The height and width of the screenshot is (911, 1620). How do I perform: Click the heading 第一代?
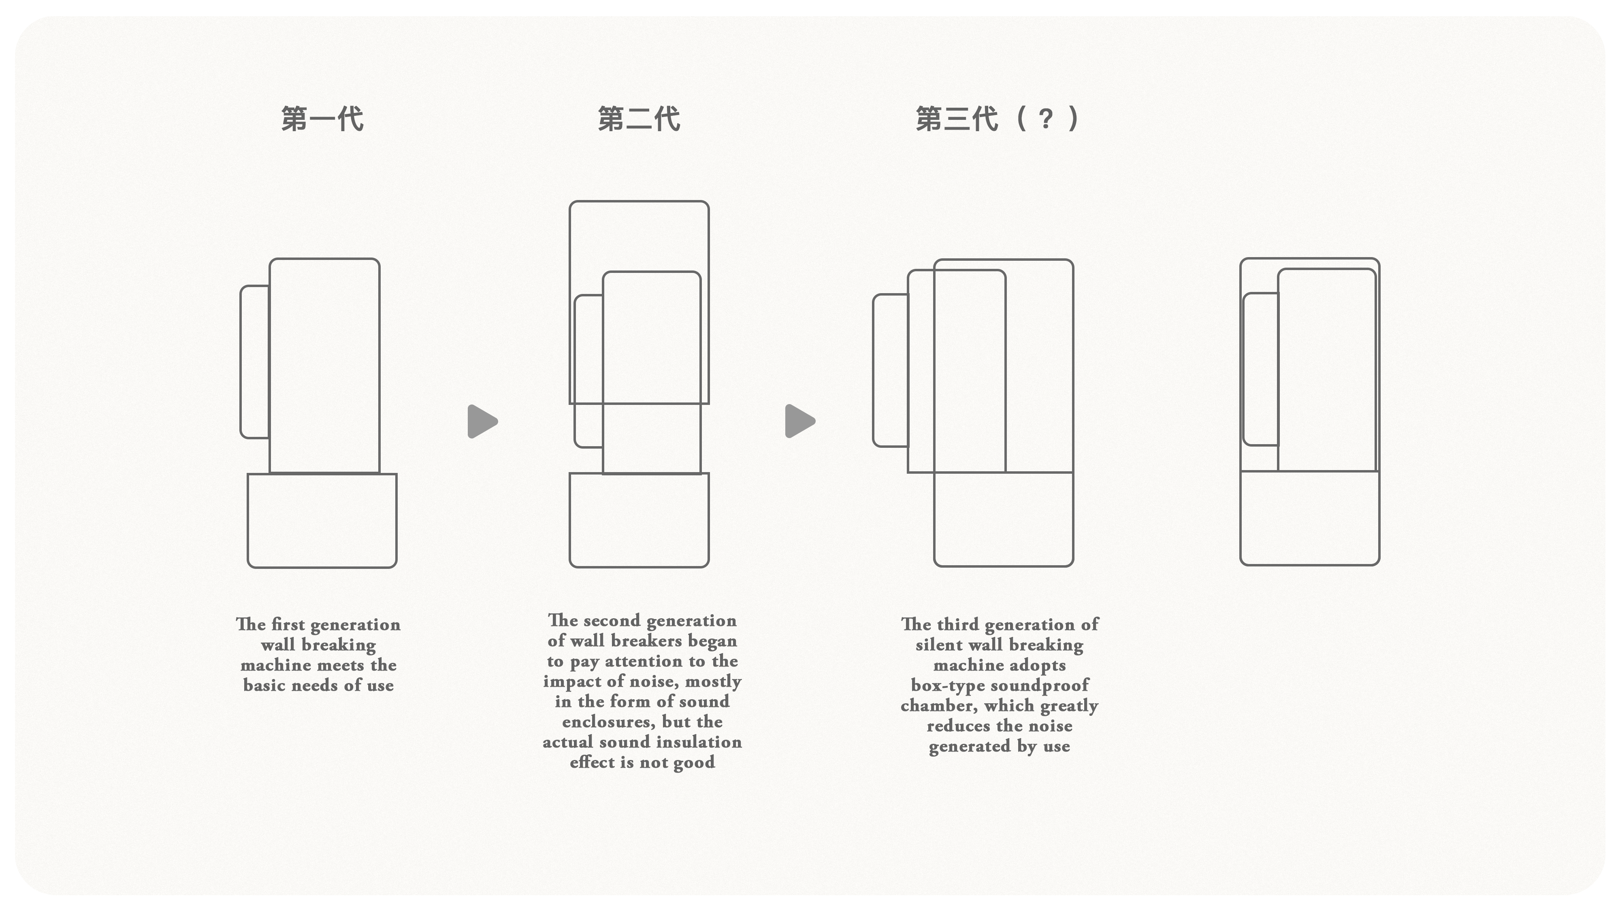pos(322,119)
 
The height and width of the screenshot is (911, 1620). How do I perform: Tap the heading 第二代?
pos(639,119)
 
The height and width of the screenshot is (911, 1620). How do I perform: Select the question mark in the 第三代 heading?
pos(1045,118)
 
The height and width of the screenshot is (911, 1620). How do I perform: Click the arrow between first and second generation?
pos(482,421)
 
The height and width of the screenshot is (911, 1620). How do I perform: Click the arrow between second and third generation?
pos(799,421)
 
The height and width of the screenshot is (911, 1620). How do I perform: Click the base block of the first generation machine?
pos(322,521)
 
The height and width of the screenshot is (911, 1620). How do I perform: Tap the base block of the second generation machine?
pos(639,521)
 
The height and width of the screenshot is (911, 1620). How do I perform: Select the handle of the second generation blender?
pos(588,371)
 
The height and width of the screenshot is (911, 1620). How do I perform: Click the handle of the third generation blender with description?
pos(890,371)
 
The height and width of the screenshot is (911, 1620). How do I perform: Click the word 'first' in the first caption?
pos(289,624)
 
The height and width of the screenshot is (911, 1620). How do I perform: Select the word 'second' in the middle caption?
pos(611,621)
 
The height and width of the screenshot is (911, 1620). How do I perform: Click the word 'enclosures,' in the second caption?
pos(608,722)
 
